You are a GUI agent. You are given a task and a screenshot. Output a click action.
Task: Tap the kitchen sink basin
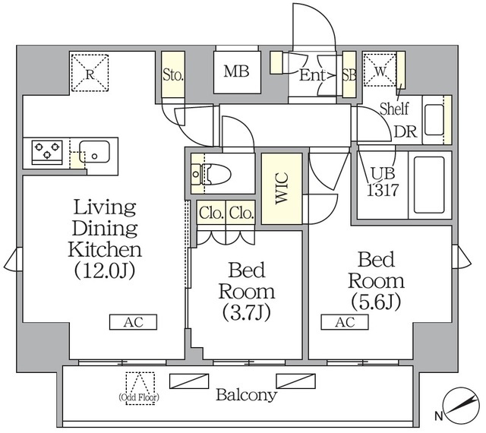[94, 152]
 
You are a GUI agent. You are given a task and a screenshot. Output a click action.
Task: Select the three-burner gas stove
[47, 152]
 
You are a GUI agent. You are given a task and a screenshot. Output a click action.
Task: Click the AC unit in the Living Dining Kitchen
[134, 322]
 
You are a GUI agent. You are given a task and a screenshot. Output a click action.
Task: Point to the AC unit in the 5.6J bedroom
[345, 322]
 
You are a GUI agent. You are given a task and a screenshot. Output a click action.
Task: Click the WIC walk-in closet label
[282, 188]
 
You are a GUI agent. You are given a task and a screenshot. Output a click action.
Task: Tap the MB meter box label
[236, 71]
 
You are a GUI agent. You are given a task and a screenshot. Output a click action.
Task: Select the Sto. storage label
[173, 74]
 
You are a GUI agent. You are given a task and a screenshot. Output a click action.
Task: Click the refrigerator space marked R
[90, 73]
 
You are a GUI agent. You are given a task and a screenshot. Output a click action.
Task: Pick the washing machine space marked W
[380, 70]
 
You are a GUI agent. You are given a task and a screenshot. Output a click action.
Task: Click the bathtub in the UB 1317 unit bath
[429, 185]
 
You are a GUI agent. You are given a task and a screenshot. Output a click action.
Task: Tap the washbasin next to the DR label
[434, 120]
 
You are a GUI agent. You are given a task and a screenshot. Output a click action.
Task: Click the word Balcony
[247, 395]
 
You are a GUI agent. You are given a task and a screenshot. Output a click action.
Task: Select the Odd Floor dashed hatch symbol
[140, 387]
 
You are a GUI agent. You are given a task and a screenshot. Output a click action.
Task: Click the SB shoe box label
[349, 74]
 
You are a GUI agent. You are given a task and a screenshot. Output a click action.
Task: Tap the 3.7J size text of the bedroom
[247, 313]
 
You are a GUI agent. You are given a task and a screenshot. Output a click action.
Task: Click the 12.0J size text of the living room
[105, 270]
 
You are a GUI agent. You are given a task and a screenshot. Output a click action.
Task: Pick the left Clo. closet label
[211, 213]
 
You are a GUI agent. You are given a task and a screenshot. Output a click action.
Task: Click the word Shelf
[394, 109]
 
